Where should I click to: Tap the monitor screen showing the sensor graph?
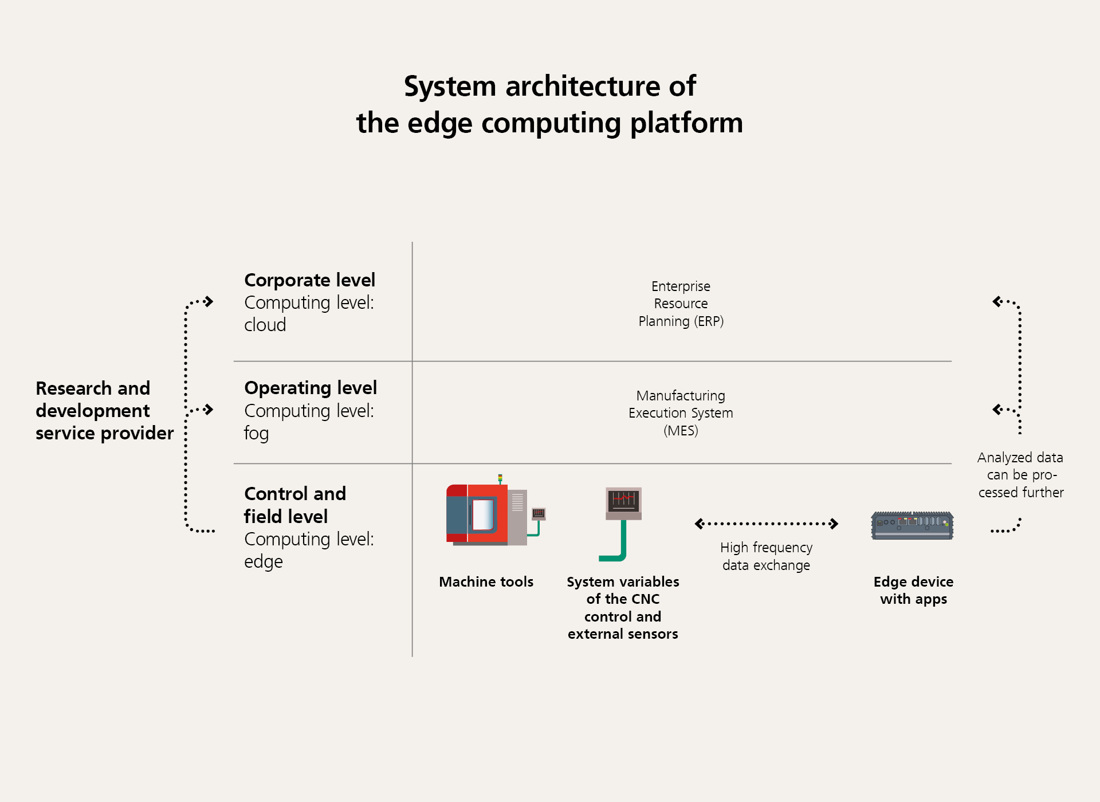pos(623,501)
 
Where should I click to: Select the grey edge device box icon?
pos(912,525)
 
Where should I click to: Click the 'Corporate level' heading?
pos(309,280)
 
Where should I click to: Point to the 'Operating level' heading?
pos(311,388)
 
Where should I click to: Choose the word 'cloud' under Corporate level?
pos(265,325)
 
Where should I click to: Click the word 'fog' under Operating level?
pos(256,433)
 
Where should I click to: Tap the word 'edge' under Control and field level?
pos(264,561)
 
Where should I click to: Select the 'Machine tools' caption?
pos(486,582)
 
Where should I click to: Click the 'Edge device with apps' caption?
pos(913,591)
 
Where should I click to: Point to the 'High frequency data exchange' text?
pos(766,556)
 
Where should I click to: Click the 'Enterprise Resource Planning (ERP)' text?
pos(681,304)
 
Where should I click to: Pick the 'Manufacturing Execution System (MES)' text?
pos(681,413)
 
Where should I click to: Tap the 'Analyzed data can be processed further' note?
pos(1020,475)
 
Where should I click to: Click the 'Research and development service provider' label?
pos(104,411)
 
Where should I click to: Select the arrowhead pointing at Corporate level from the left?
pos(209,301)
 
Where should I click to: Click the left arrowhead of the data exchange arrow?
pos(700,524)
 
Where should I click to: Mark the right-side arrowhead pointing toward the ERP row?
pos(997,301)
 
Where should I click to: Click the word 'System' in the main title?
pos(450,87)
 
